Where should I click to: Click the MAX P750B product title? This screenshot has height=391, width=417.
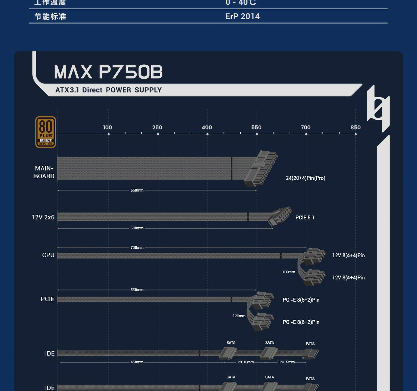tap(108, 72)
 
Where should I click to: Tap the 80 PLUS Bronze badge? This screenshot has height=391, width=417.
tap(46, 132)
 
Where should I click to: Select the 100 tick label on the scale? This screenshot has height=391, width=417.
tap(107, 127)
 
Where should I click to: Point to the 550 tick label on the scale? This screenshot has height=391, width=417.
tap(256, 127)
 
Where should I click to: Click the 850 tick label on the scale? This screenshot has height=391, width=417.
tap(355, 127)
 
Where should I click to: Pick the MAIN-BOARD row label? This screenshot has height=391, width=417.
tap(44, 172)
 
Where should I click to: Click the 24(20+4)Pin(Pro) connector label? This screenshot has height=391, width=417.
tap(305, 178)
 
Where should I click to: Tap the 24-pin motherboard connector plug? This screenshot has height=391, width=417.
tap(261, 169)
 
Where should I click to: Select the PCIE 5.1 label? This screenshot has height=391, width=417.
tap(305, 217)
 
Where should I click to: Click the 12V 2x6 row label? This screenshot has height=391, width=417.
tap(43, 217)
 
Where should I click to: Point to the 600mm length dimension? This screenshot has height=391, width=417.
tap(137, 228)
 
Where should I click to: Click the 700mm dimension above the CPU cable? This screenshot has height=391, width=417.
tap(137, 247)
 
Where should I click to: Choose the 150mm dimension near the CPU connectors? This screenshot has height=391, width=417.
tap(289, 272)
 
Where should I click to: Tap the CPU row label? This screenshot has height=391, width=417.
tap(48, 255)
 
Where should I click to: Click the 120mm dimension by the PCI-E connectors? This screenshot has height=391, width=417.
tap(239, 316)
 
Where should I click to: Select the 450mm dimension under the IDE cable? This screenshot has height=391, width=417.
tap(137, 362)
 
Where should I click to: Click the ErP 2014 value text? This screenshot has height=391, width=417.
tap(242, 16)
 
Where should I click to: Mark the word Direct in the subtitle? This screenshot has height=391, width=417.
tap(92, 90)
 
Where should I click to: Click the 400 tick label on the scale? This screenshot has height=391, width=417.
tap(207, 127)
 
